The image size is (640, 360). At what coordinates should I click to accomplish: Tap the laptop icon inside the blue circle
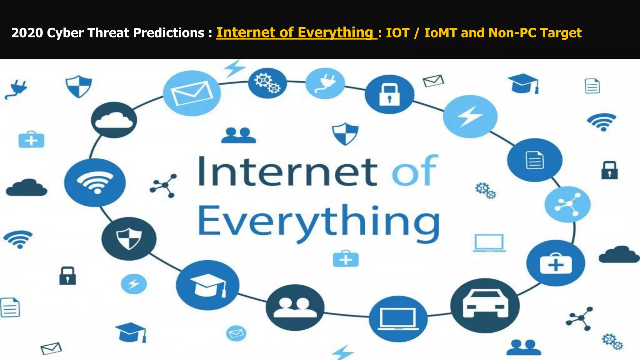[x=398, y=319]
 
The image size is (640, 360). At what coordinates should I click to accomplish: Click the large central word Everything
[x=319, y=222]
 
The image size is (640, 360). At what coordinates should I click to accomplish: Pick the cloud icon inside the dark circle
[x=114, y=120]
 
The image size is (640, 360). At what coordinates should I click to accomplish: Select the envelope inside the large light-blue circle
[x=192, y=93]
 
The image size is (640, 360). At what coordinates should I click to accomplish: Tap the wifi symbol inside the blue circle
[x=95, y=182]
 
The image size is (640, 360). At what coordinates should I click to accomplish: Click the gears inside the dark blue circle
[x=267, y=83]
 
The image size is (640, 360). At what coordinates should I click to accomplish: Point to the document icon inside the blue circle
[x=535, y=160]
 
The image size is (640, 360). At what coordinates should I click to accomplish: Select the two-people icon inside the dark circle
[x=295, y=307]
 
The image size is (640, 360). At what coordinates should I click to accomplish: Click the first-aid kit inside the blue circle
[x=556, y=263]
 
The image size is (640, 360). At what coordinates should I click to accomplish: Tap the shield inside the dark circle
[x=129, y=239]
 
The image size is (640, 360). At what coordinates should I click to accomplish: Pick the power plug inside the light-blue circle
[x=325, y=83]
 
